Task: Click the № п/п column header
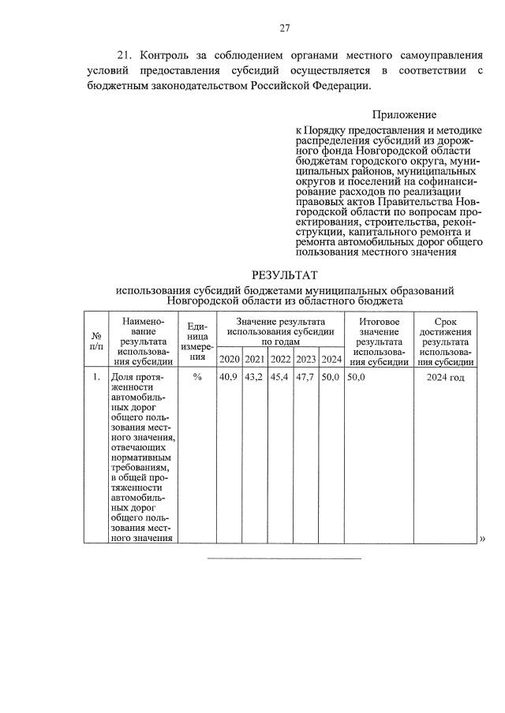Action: [96, 340]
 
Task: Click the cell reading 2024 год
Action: [447, 378]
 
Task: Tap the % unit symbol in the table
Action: [197, 378]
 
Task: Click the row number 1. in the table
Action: [96, 378]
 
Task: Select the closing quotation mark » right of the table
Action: [482, 539]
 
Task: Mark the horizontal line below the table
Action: [284, 558]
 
